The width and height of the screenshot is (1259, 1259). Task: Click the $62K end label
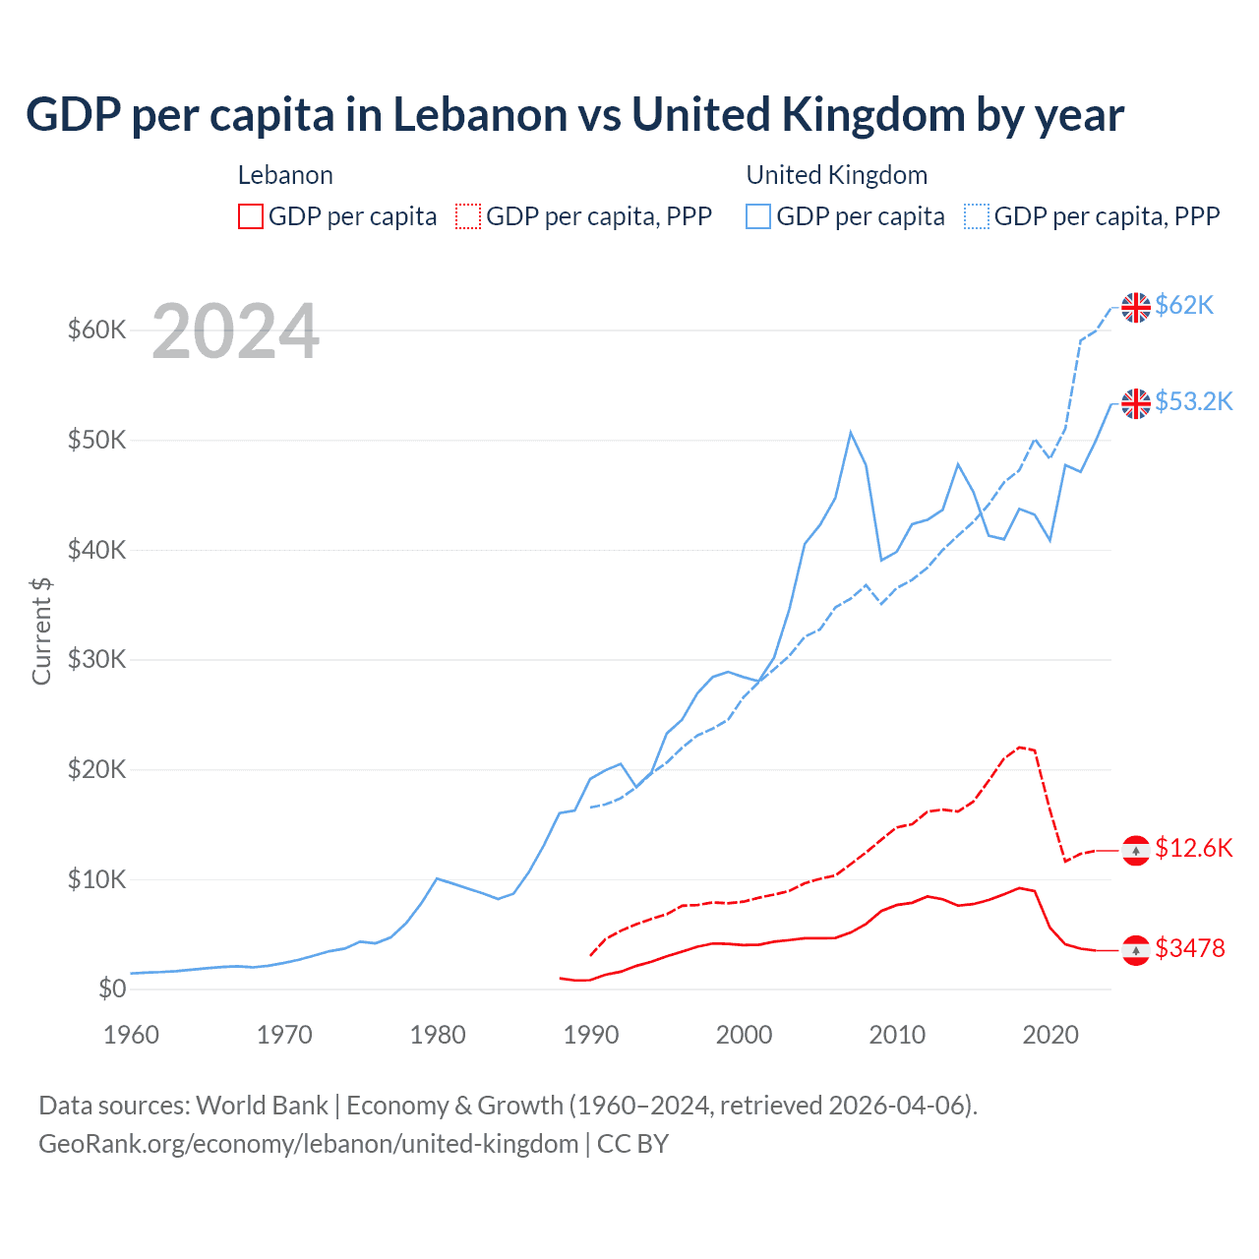tap(1184, 306)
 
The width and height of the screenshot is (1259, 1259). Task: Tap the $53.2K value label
tap(1193, 401)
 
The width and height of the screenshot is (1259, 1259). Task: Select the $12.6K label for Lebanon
tap(1193, 848)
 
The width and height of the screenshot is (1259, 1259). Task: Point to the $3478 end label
tap(1190, 948)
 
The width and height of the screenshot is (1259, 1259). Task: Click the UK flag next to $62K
tap(1136, 307)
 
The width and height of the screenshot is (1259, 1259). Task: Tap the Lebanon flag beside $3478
tap(1136, 950)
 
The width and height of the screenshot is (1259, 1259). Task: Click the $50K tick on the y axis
tap(96, 440)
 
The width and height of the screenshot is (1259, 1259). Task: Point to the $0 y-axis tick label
tap(112, 989)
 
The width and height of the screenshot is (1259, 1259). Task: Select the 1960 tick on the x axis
tap(131, 1035)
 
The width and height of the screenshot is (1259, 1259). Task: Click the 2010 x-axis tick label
tap(897, 1035)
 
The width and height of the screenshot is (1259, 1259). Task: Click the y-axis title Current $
tap(41, 631)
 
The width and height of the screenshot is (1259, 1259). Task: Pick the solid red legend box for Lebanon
tap(251, 216)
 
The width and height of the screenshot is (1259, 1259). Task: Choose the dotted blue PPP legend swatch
tap(977, 216)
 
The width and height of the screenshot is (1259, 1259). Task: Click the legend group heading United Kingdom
tap(836, 175)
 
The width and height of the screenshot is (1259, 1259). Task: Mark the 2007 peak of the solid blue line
tap(851, 432)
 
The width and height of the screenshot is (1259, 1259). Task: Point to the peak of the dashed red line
tap(1019, 748)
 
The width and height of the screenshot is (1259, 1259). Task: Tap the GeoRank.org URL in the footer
tap(308, 1144)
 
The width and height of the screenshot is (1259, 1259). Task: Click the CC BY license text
tap(632, 1144)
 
